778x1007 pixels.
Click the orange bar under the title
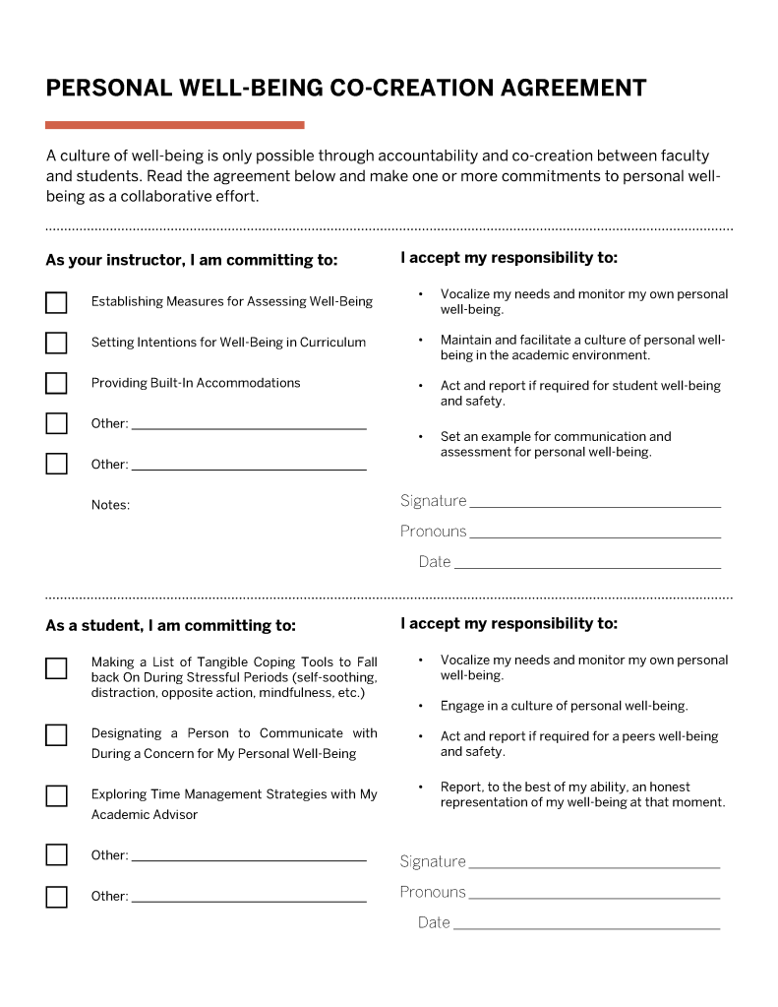coord(174,125)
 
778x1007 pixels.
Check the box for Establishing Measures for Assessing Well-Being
coord(56,302)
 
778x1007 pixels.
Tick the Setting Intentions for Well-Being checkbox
coord(56,343)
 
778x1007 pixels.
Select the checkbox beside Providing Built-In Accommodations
coord(56,383)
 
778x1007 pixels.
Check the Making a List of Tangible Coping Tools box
coord(56,668)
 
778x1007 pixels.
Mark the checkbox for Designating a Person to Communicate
coord(56,735)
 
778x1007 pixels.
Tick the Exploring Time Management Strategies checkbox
coord(56,795)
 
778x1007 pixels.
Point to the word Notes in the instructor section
coord(110,505)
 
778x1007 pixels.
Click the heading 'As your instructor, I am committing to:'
coord(191,261)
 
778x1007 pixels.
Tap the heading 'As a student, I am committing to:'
coord(170,626)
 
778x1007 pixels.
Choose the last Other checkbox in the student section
coord(56,897)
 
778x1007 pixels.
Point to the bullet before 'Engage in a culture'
coord(421,706)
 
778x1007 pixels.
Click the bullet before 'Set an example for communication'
coord(421,436)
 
